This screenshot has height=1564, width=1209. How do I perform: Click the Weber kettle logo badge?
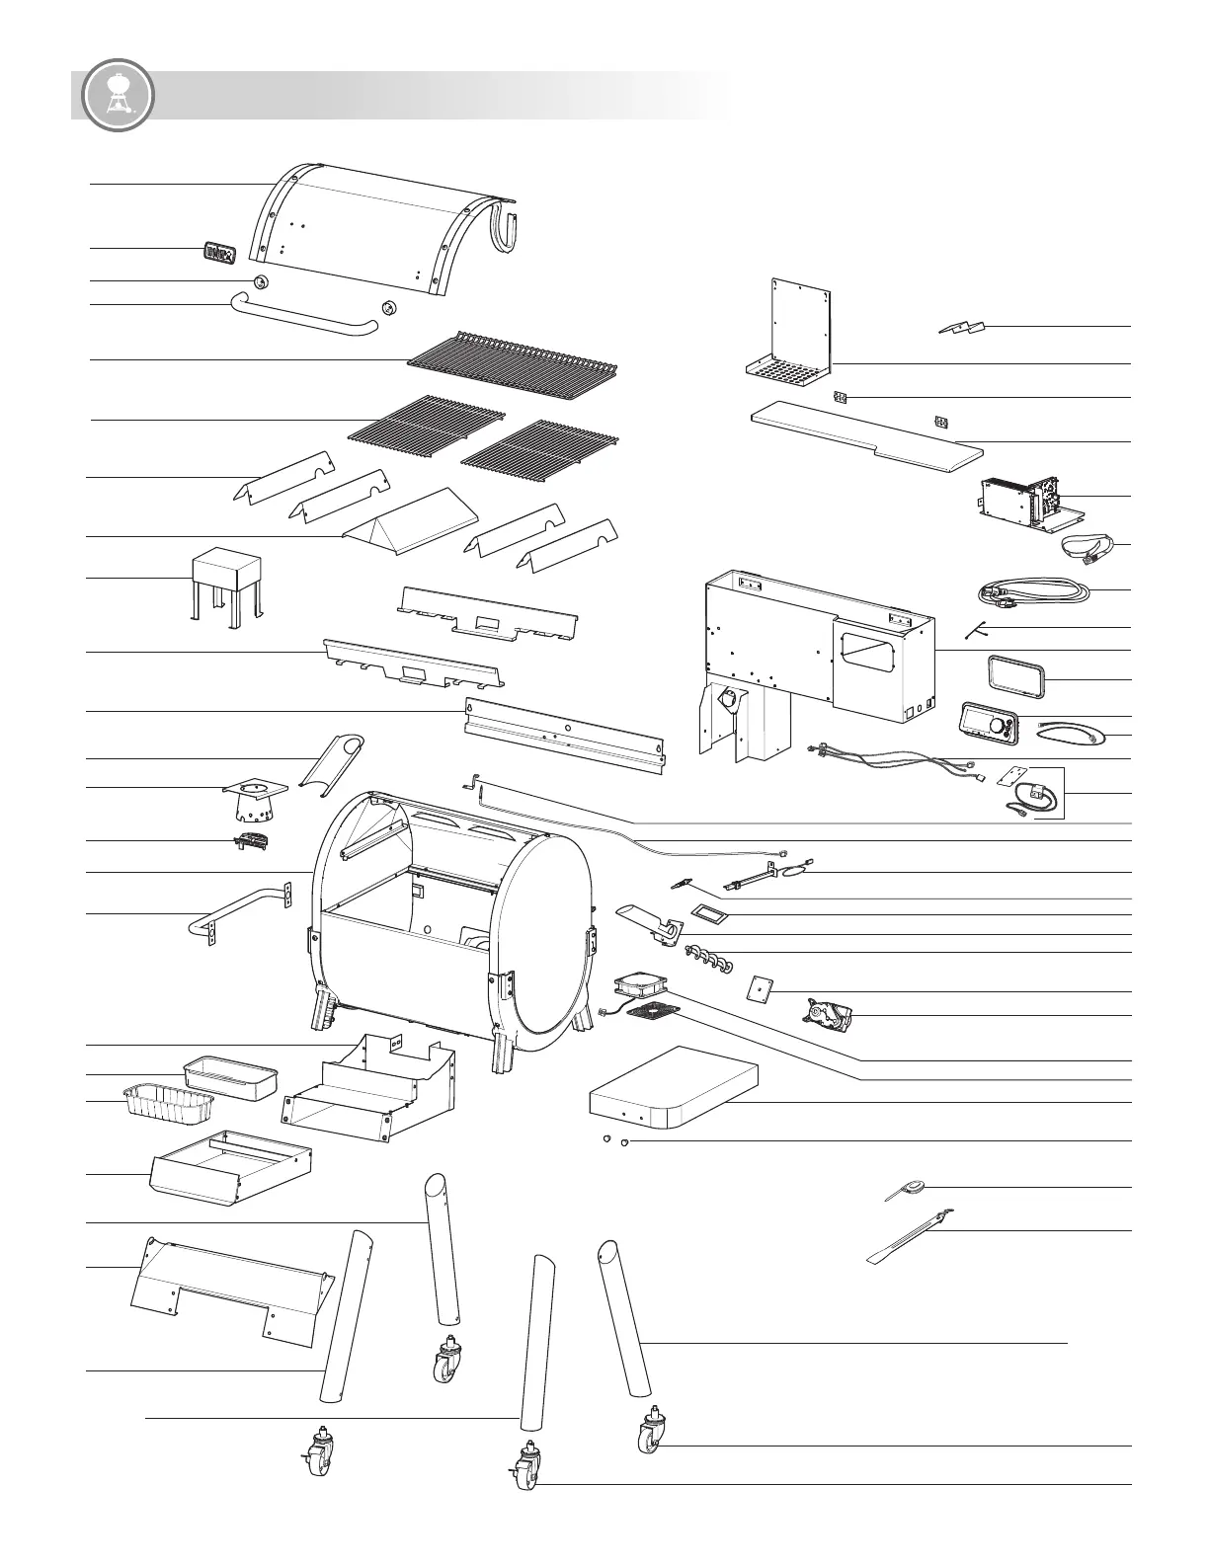coord(119,96)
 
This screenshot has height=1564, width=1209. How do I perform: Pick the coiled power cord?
coord(1032,594)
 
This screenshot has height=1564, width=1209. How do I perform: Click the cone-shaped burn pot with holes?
coord(256,803)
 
